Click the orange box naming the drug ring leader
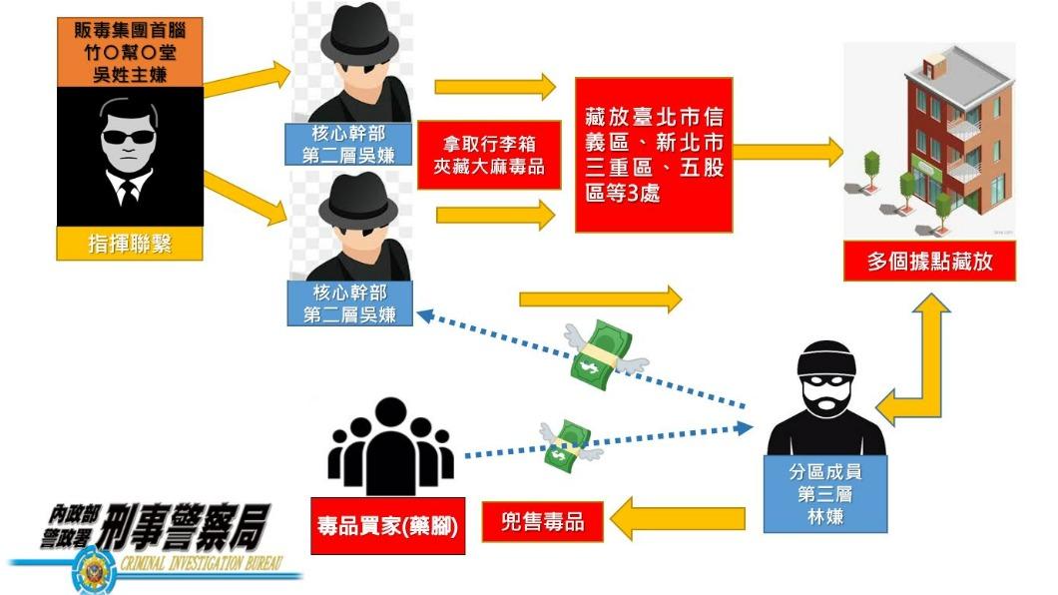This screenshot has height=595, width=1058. pos(130,52)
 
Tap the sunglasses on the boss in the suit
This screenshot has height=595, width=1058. pos(128,137)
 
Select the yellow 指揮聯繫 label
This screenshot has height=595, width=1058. pos(130,244)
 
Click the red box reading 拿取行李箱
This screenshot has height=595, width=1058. pos(489,155)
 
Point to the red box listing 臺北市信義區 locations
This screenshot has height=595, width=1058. pos(654,155)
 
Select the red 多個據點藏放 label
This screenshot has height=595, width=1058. pos(930,262)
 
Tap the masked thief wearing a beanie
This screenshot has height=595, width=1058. pos(826,398)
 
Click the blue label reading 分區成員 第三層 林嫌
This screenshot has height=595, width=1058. pos(825,494)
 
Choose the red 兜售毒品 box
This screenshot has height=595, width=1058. pos(543,522)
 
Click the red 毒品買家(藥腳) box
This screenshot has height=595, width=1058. pos(388,526)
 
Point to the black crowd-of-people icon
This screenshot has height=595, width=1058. pos(390,446)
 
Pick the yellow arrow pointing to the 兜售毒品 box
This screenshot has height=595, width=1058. pos(678,519)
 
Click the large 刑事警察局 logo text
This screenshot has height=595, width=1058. pos(183,527)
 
